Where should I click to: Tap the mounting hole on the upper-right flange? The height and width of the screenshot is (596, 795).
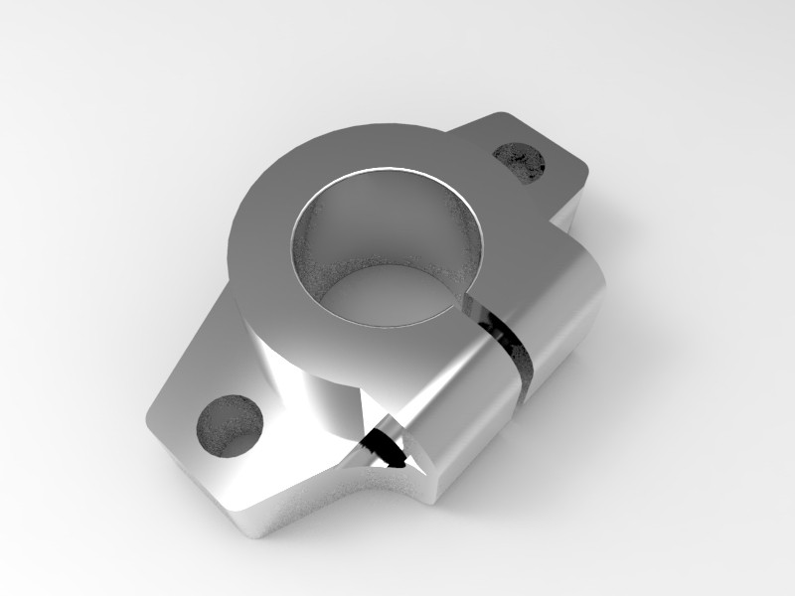[521, 161]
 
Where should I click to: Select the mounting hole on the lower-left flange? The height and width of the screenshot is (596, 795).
[230, 425]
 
